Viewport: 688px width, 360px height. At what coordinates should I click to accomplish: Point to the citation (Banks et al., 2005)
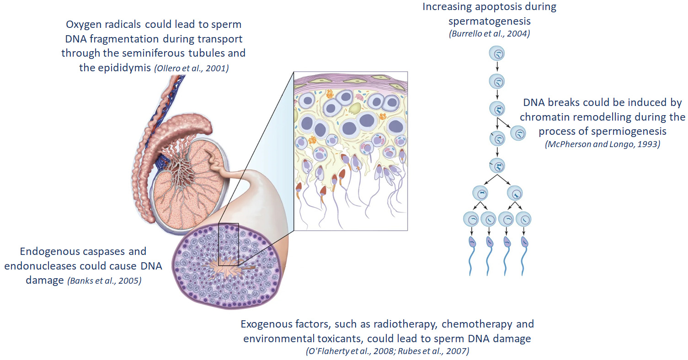(x=104, y=281)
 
